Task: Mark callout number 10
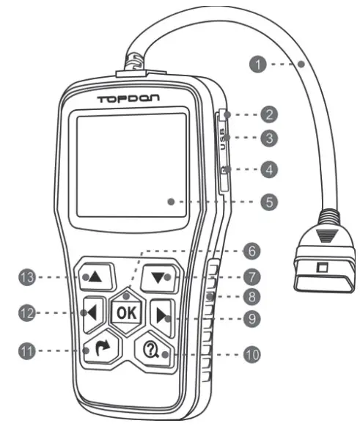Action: tap(252, 355)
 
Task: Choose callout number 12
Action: tap(27, 312)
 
